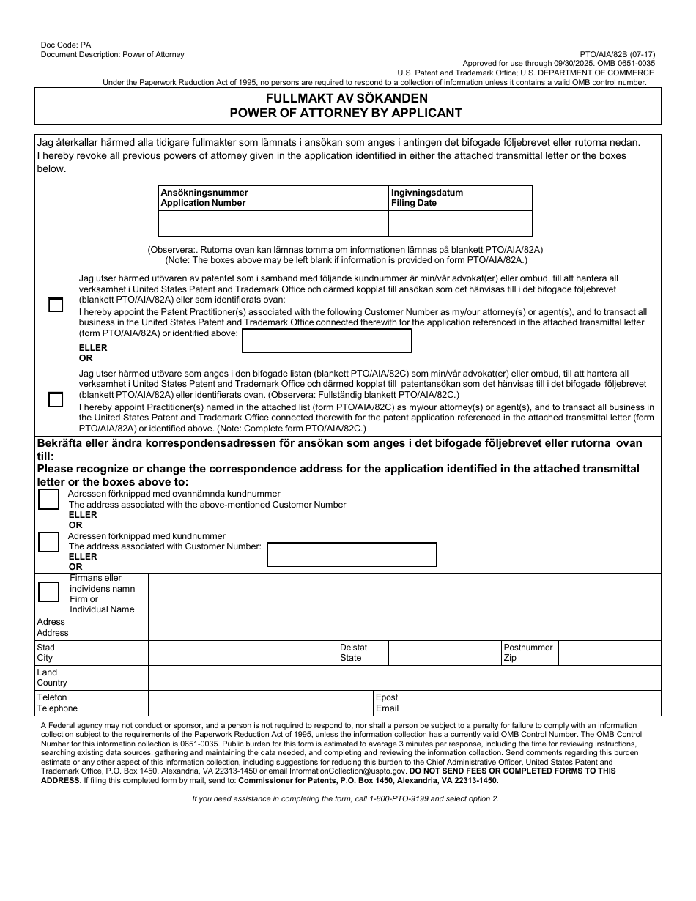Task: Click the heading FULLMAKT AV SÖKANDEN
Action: tap(347, 98)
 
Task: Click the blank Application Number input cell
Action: tap(273, 223)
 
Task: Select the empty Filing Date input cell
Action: tap(460, 223)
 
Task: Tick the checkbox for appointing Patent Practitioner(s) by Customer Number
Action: tap(56, 305)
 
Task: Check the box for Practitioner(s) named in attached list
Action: tap(56, 399)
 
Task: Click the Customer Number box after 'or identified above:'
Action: tap(327, 341)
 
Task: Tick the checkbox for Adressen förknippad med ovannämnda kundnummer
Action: tap(48, 500)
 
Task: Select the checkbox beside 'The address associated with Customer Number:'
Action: tap(48, 542)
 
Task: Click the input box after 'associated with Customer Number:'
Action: tap(352, 555)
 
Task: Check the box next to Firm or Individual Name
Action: tap(48, 592)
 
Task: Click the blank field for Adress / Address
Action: tap(404, 628)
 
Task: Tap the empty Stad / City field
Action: tap(243, 653)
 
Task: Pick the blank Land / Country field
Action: tap(404, 678)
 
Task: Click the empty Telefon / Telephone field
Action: tap(260, 703)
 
